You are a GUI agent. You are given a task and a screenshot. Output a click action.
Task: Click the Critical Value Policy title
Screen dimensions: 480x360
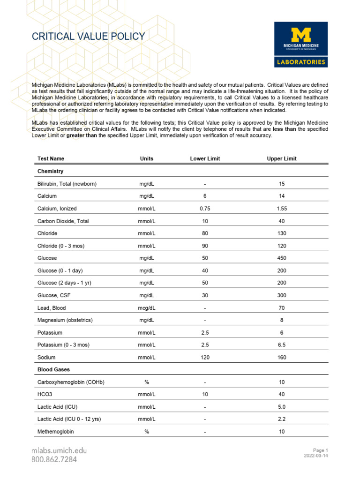click(88, 37)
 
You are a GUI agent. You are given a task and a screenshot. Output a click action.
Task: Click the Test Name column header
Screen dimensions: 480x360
click(51, 159)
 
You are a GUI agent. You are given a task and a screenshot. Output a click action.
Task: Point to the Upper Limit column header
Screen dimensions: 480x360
click(281, 159)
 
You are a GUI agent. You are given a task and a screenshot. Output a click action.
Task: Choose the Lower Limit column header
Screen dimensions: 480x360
click(205, 159)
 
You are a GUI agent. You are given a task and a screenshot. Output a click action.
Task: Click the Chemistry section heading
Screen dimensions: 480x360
click(50, 172)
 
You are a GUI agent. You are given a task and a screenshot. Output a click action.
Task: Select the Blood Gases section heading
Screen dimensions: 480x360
click(53, 370)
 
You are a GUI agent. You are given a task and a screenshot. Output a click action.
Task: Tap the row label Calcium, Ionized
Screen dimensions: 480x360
click(57, 209)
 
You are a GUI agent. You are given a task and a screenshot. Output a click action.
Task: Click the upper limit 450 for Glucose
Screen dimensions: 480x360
click(281, 258)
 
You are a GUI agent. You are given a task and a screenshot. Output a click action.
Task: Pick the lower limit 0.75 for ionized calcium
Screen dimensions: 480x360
click(205, 209)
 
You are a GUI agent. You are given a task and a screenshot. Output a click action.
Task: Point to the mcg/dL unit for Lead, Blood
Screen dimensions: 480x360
click(147, 308)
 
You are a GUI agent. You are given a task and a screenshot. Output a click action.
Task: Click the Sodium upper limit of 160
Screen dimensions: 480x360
click(281, 357)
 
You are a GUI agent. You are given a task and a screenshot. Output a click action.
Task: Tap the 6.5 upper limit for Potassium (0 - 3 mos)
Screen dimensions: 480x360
click(281, 345)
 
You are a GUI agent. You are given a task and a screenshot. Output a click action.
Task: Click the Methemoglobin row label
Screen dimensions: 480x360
click(56, 432)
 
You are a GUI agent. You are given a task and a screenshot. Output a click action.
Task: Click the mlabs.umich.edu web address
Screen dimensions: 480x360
click(59, 450)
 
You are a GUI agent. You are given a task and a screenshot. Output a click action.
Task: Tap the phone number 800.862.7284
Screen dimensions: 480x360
click(54, 459)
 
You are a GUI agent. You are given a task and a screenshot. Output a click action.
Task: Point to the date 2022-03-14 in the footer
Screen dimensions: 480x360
click(315, 455)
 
